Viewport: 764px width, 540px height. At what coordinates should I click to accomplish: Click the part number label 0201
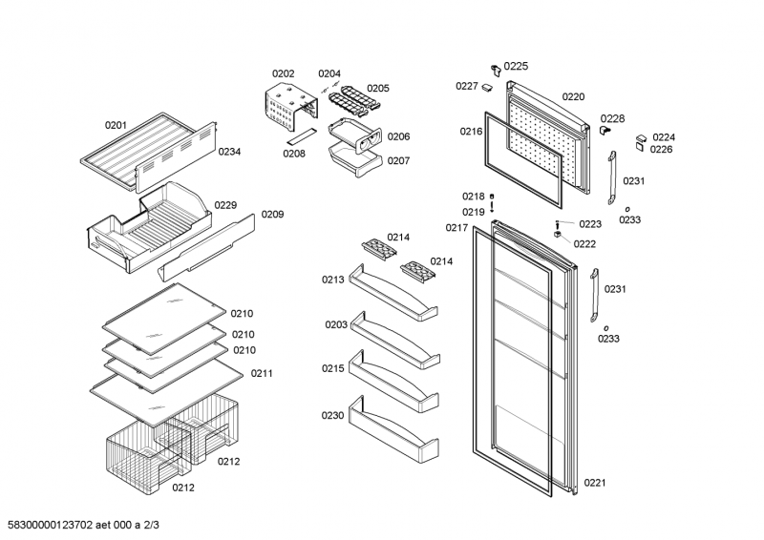[x=116, y=125]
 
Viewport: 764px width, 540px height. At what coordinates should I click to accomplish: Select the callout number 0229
[x=225, y=205]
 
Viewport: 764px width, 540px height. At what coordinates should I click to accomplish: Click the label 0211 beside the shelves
[x=263, y=373]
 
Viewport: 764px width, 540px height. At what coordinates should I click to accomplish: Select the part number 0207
[x=398, y=160]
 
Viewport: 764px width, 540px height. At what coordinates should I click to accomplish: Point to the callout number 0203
[x=335, y=325]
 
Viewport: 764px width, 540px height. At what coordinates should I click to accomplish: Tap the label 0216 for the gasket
[x=471, y=132]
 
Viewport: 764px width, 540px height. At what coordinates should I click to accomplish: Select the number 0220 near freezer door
[x=573, y=96]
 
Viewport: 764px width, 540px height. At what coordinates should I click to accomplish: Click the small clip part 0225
[x=496, y=69]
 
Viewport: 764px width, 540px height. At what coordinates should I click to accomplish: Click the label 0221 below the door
[x=595, y=482]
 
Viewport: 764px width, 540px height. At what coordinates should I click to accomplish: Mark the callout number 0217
[x=456, y=227]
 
